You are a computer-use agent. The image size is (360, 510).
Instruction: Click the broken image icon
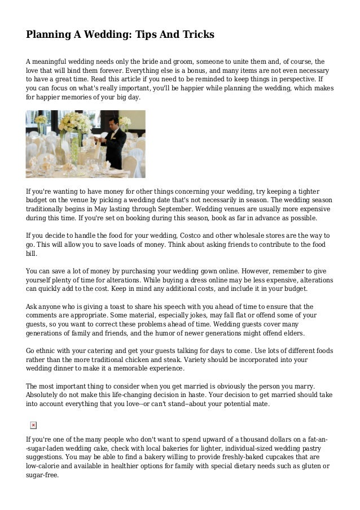tap(33, 425)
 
